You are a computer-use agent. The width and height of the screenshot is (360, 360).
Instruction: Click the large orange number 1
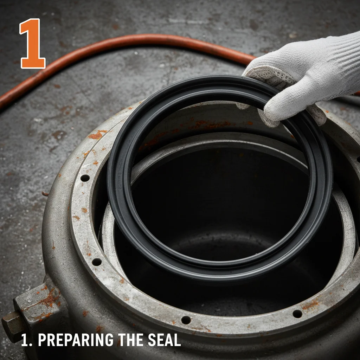click(x=33, y=44)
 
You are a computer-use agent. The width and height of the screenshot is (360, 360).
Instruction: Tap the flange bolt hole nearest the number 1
click(x=85, y=178)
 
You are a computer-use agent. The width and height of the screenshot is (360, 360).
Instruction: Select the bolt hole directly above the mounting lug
click(x=96, y=262)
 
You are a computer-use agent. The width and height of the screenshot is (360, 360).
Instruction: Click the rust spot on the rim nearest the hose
click(x=97, y=135)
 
